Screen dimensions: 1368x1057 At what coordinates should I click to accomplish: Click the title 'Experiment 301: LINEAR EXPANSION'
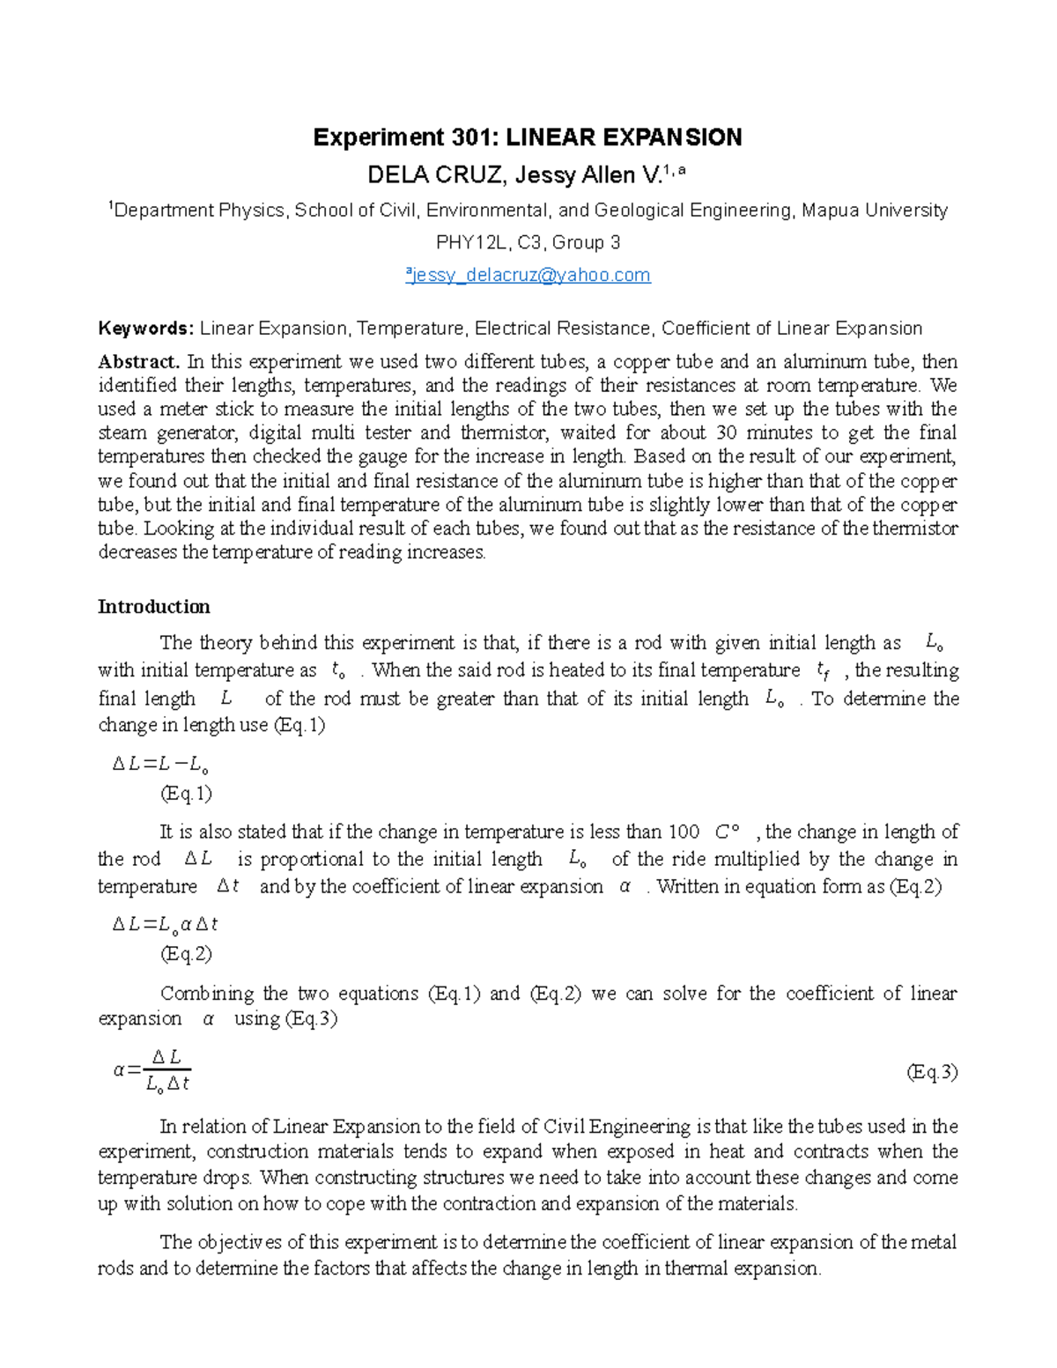(528, 137)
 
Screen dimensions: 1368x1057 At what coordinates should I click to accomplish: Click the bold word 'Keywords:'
(145, 329)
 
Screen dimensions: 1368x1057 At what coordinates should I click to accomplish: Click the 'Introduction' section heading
(153, 607)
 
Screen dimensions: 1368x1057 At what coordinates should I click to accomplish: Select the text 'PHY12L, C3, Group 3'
(528, 242)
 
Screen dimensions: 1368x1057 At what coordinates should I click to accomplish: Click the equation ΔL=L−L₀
(159, 765)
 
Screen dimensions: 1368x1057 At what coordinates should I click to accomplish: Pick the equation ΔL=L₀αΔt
(165, 924)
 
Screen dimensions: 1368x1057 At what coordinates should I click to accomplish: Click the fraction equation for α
(152, 1070)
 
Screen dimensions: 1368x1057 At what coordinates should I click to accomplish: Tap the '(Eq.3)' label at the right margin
(932, 1072)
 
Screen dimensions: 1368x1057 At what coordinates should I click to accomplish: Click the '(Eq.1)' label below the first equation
(186, 794)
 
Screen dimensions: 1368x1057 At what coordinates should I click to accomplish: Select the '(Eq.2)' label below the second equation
(186, 954)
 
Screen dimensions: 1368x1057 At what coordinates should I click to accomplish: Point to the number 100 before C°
(684, 832)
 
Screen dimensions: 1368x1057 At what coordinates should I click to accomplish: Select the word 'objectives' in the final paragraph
(240, 1242)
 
